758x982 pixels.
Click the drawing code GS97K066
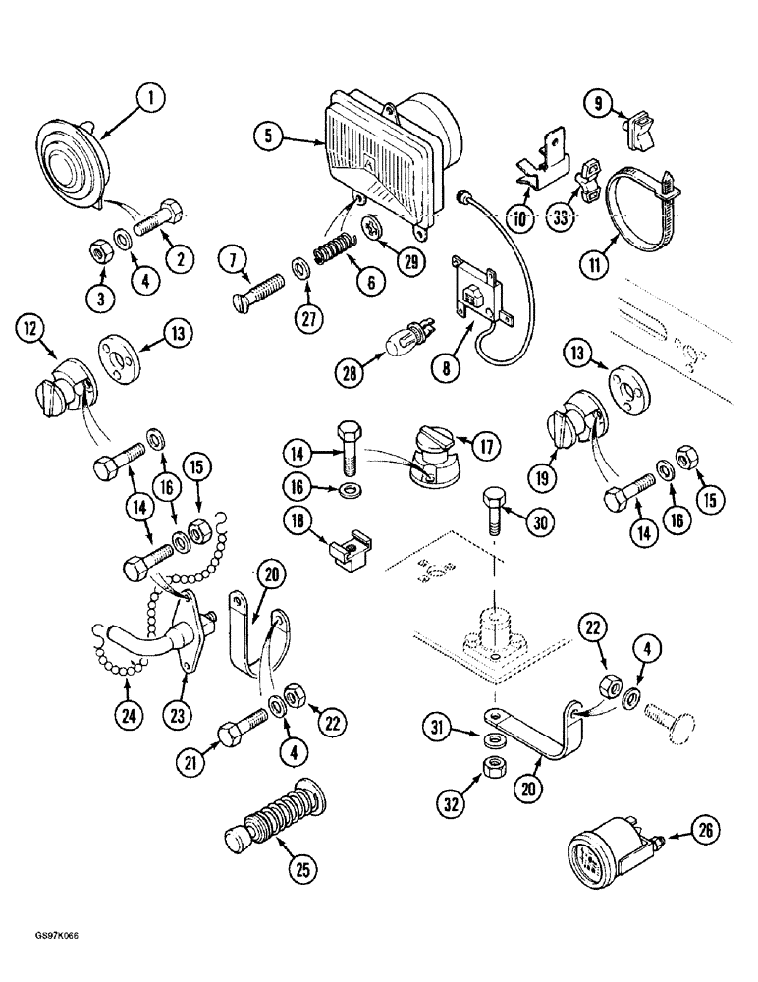pos(45,961)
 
